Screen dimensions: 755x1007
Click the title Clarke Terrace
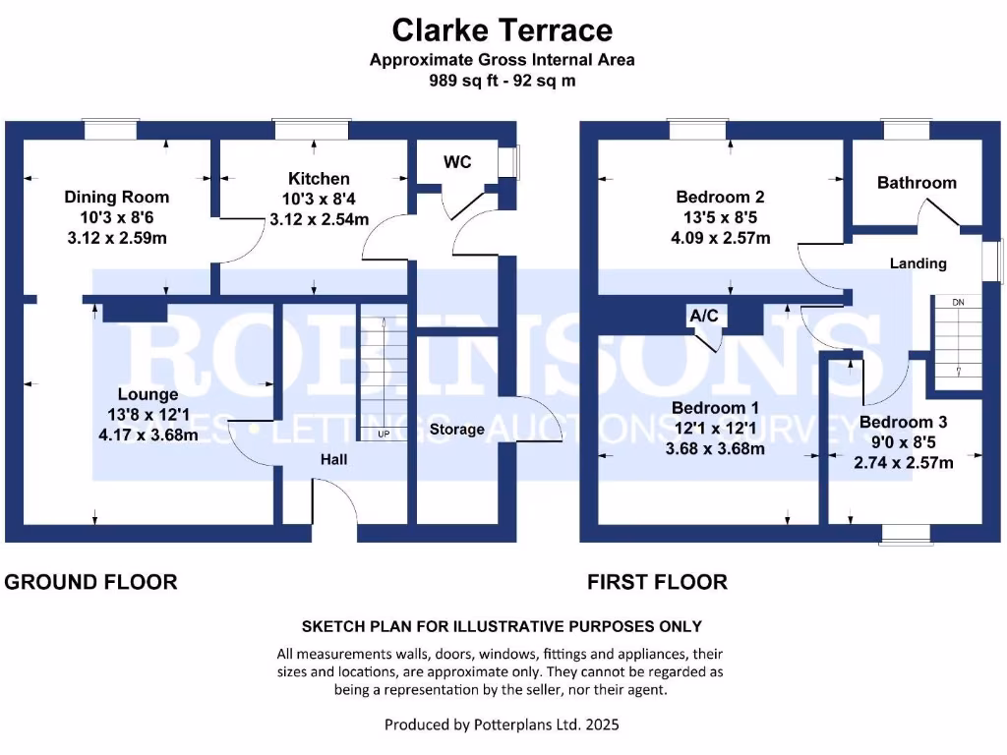point(503,30)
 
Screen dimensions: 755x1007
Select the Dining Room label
point(117,197)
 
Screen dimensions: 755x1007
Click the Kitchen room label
point(318,179)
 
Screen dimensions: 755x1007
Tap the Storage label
point(457,430)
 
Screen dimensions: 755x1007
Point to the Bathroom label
point(917,183)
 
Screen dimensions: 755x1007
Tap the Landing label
point(918,263)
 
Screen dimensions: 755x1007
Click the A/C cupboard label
point(703,316)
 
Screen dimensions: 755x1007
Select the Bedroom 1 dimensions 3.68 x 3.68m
point(715,449)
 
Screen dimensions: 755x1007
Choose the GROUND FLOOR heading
point(91,582)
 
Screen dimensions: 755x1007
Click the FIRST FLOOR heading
point(657,582)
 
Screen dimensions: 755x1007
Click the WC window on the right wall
point(509,163)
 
